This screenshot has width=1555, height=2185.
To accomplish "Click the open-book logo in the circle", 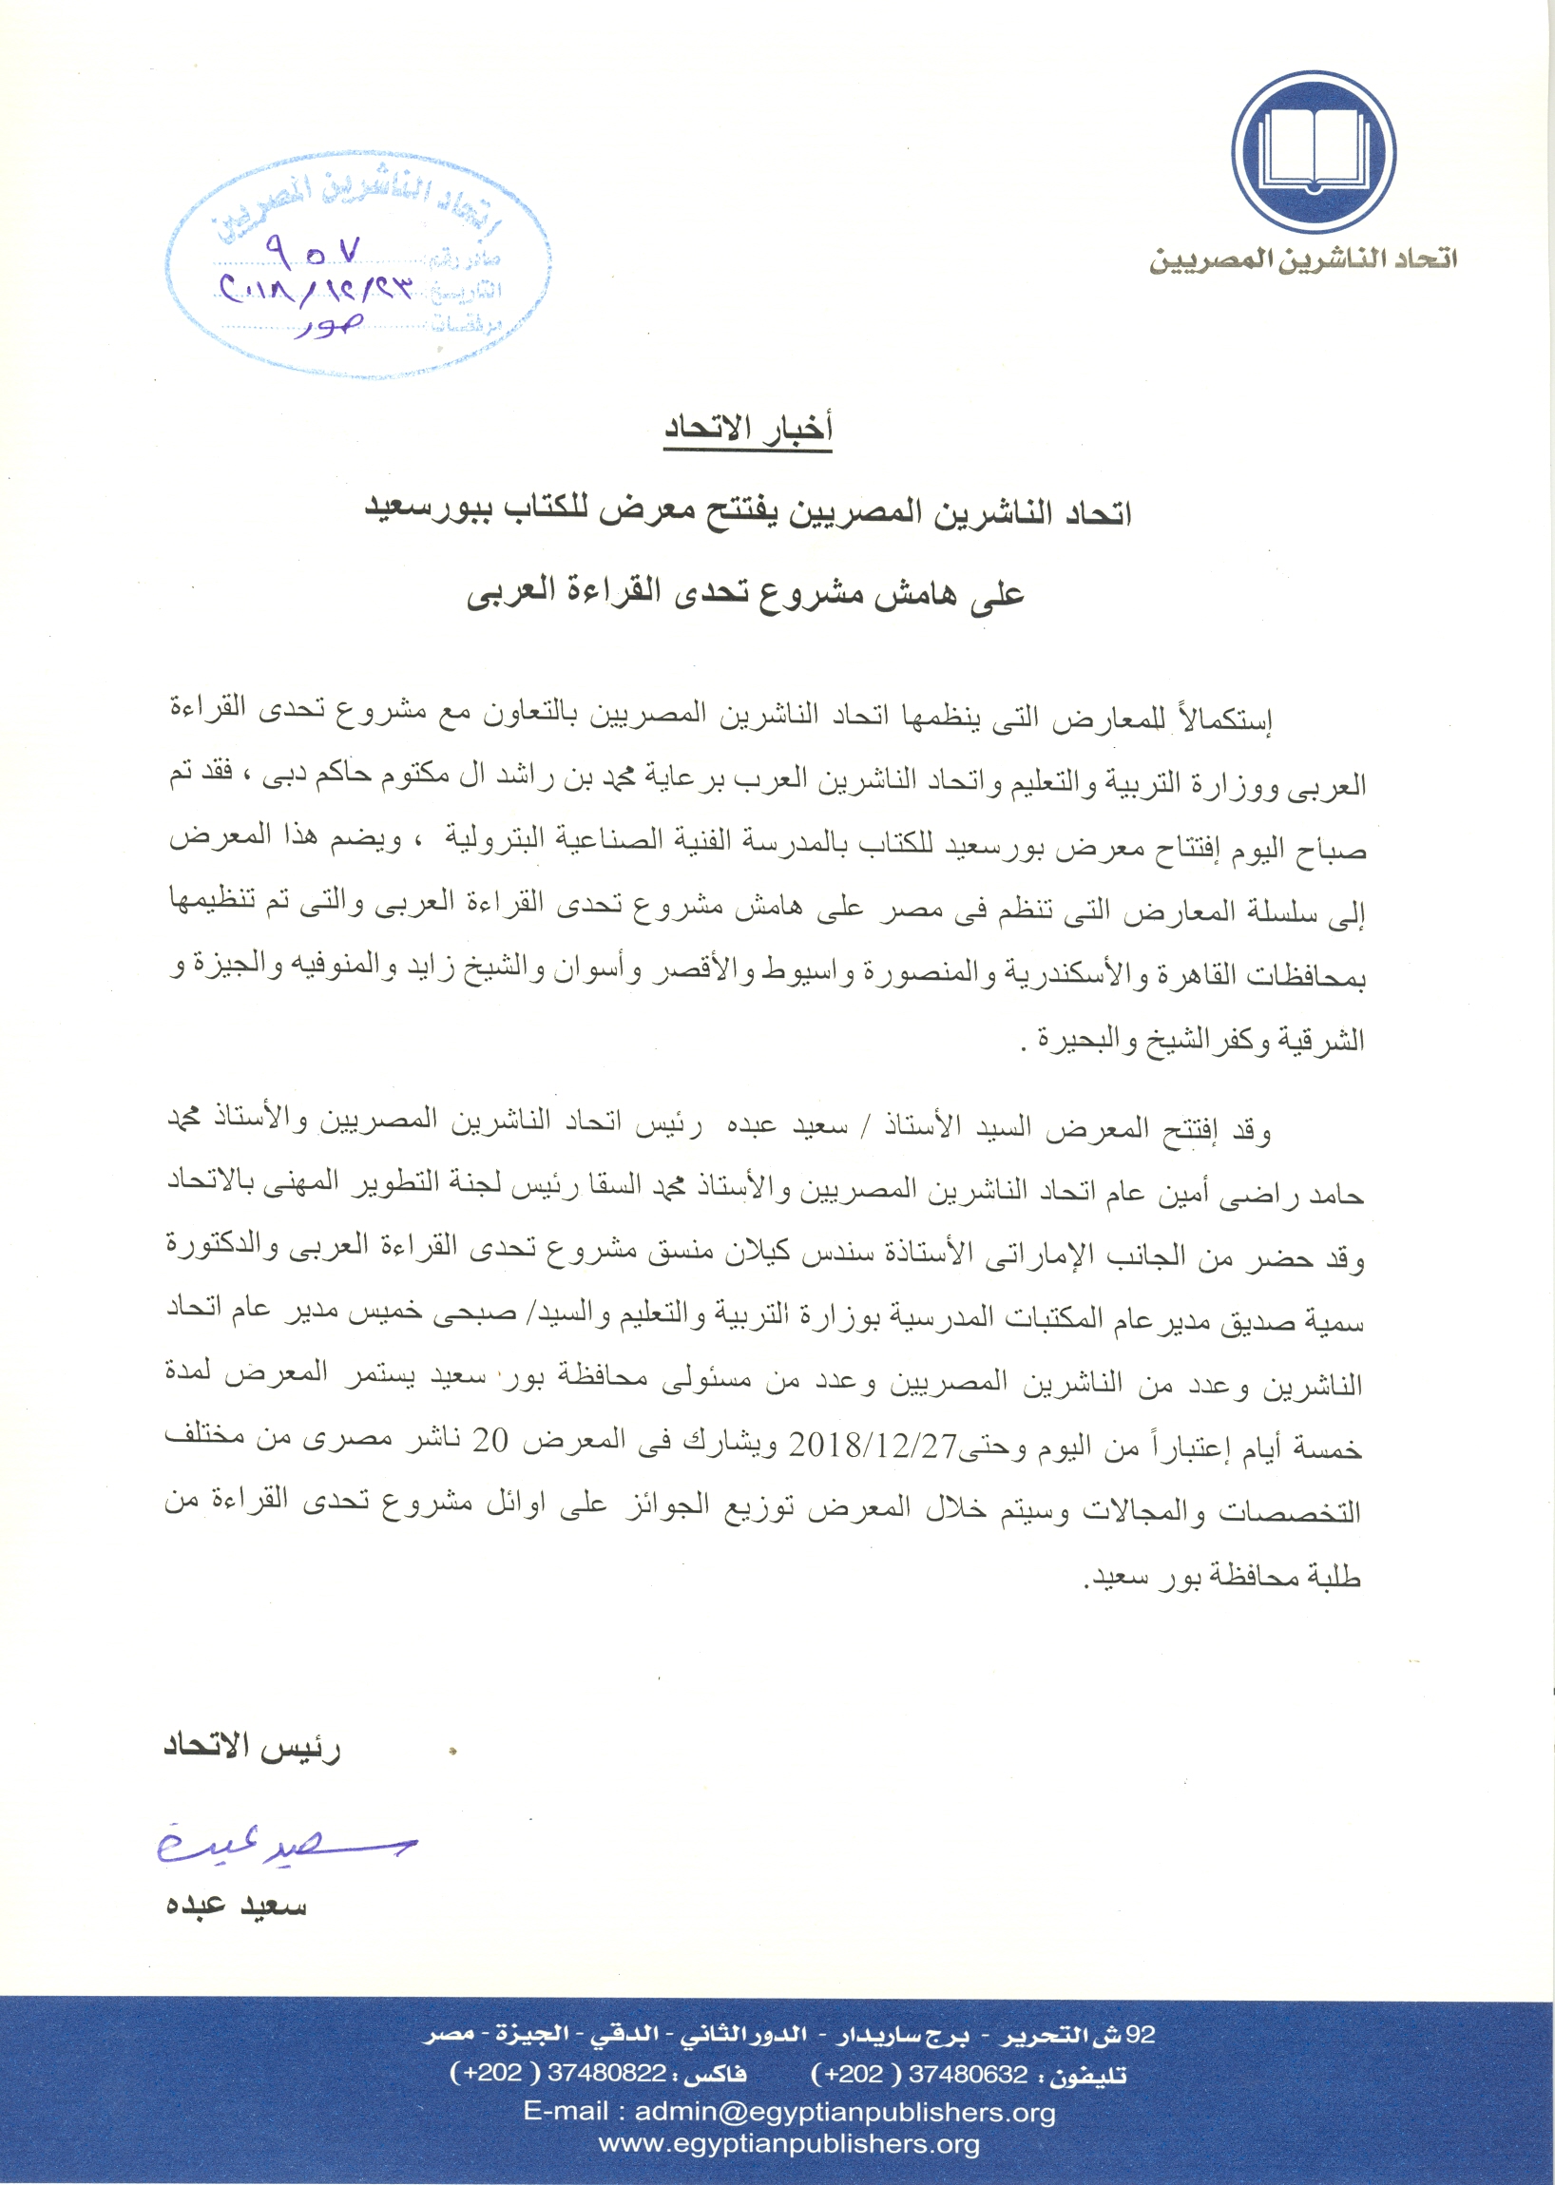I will (1313, 152).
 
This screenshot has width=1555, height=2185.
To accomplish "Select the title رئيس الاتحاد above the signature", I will (252, 1746).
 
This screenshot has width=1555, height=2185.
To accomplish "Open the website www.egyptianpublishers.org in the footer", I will (789, 2144).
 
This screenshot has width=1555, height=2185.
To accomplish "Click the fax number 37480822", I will (606, 2074).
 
